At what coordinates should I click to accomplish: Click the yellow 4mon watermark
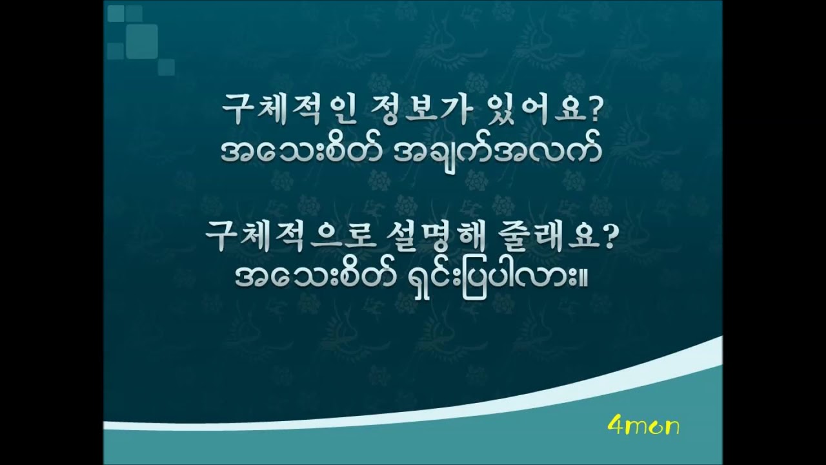coord(643,427)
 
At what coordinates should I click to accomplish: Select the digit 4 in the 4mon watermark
coord(614,427)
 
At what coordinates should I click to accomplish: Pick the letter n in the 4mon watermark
coord(670,428)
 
